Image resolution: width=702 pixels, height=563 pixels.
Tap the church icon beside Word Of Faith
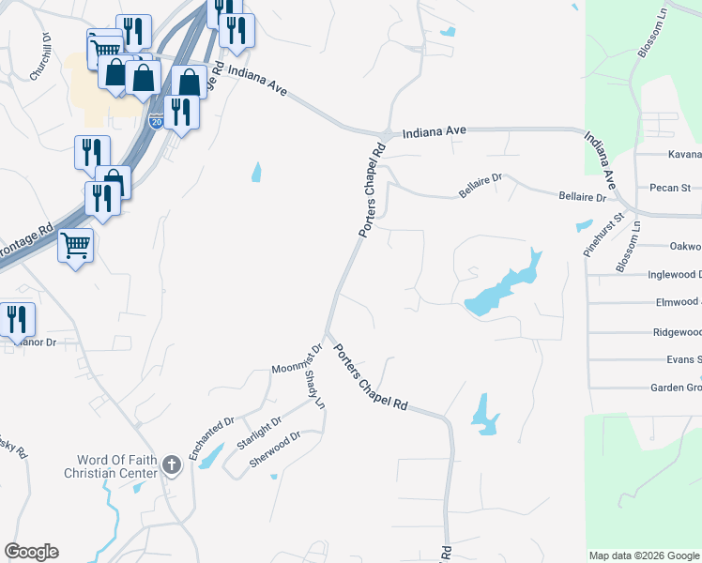coord(171,464)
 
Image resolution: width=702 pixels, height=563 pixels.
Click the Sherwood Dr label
coord(275,449)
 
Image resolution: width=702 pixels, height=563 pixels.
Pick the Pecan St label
coord(670,188)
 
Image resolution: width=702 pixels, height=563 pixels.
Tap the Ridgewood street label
coord(677,332)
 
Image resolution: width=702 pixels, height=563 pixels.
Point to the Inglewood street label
coord(674,274)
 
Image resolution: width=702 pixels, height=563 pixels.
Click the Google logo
coord(31,552)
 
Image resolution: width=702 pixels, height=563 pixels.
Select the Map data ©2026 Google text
coord(644,555)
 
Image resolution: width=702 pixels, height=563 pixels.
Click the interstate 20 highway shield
coord(156,121)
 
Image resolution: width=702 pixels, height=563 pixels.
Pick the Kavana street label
coord(684,154)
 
